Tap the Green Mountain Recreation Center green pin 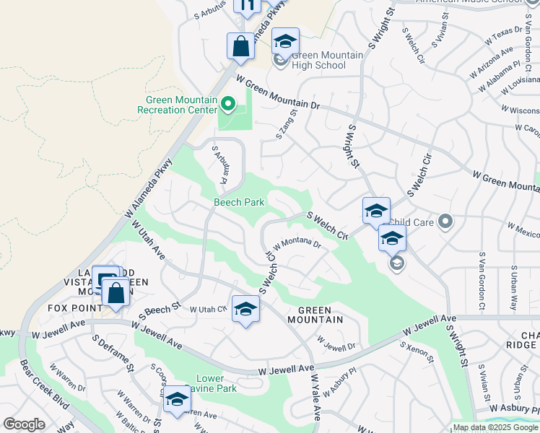pyautogui.click(x=228, y=105)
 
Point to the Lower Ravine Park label pyautogui.click(x=216, y=383)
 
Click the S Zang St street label pyautogui.click(x=287, y=124)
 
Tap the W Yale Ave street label pyautogui.click(x=316, y=397)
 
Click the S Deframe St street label pyautogui.click(x=113, y=351)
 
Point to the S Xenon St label pyautogui.click(x=415, y=351)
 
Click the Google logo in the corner pyautogui.click(x=24, y=424)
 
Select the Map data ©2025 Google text pyautogui.click(x=495, y=428)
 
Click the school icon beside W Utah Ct pyautogui.click(x=245, y=310)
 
